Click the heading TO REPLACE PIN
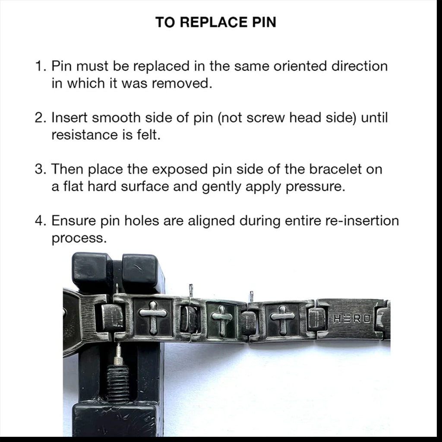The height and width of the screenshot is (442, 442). [216, 22]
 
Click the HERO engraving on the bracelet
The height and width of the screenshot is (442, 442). [352, 319]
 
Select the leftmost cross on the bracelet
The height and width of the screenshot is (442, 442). [153, 318]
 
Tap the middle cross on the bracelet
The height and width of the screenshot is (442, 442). [222, 320]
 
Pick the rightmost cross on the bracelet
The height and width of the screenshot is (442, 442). [282, 319]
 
